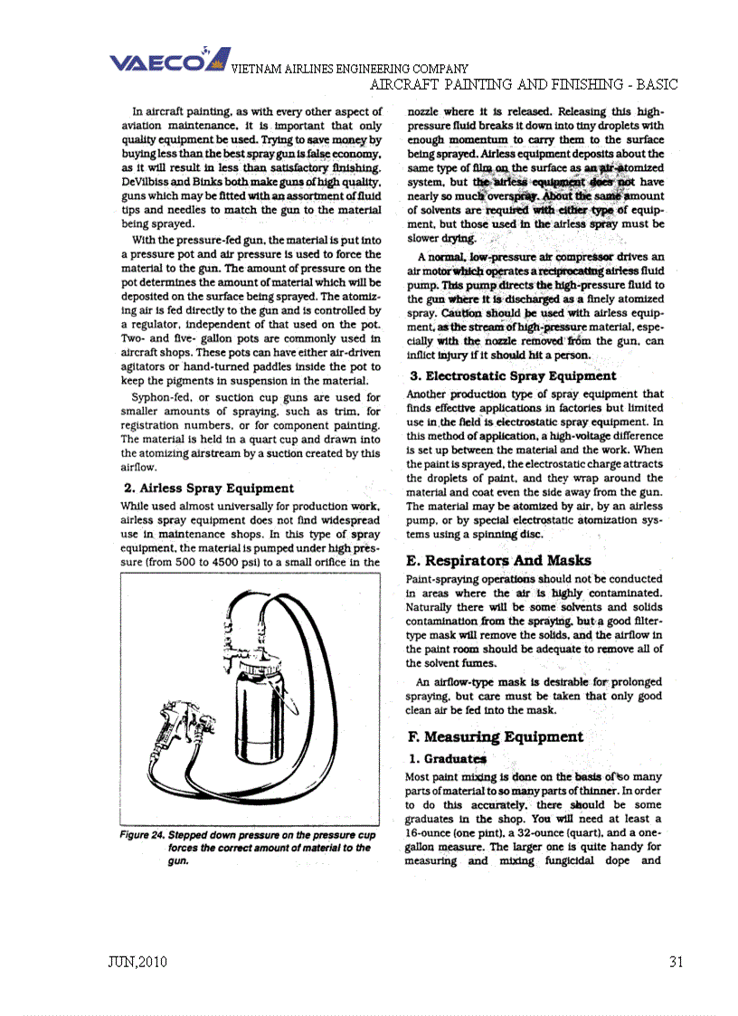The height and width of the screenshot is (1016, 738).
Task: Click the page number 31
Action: coord(676,961)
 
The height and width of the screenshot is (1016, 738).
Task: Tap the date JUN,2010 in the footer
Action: coord(137,961)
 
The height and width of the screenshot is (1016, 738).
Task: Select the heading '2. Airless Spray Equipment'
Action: coord(208,488)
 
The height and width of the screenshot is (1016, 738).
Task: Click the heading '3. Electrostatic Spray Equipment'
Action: coord(513,375)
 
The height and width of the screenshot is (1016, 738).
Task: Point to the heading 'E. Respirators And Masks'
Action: coord(499,560)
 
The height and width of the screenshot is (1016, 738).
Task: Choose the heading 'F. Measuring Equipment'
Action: coord(495,736)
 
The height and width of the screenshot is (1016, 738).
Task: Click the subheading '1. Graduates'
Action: coord(448,758)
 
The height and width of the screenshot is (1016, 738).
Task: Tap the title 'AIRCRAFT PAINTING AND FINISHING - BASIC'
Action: coord(525,84)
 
